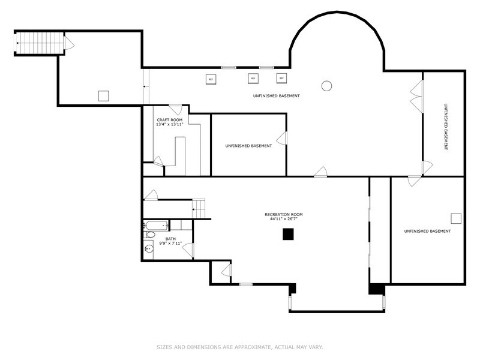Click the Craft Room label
[x=170, y=120]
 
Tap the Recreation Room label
[x=283, y=215]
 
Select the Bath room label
[x=170, y=239]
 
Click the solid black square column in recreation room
[x=288, y=234]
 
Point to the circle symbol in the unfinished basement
[x=326, y=86]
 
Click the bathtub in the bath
[x=156, y=226]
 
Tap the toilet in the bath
[x=149, y=235]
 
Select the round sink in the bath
[x=149, y=249]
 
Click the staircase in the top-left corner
[x=40, y=43]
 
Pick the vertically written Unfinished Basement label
[x=446, y=127]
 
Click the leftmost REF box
[x=211, y=79]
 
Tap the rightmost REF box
[x=281, y=79]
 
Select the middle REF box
[x=253, y=79]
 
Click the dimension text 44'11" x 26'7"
[x=283, y=219]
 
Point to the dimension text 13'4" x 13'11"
[x=170, y=124]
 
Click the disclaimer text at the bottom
[x=239, y=347]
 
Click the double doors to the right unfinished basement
[x=417, y=97]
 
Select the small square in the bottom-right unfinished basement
[x=456, y=218]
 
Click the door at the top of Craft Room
[x=175, y=110]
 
